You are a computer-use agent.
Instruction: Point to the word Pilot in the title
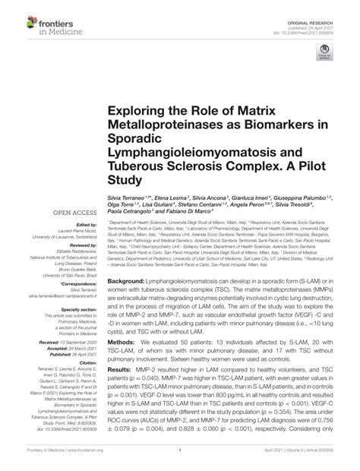(x=305, y=167)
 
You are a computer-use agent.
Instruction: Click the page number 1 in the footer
(x=179, y=460)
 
